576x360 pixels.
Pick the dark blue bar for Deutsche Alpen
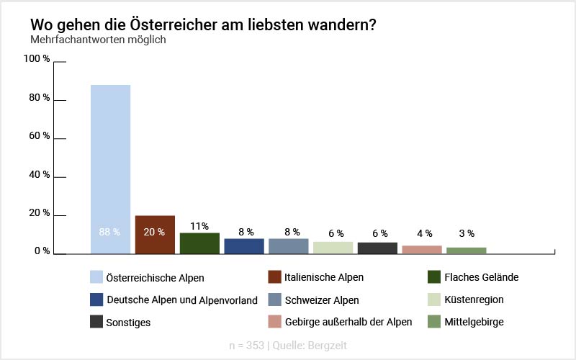click(244, 246)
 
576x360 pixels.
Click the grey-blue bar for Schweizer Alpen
click(289, 246)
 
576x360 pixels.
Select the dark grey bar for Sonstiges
click(377, 248)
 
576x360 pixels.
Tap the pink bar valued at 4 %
click(422, 250)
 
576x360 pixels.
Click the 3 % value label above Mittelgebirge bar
click(467, 233)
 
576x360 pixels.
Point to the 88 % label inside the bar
click(109, 232)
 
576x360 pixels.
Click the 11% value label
click(199, 226)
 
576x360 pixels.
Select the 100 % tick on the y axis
click(37, 59)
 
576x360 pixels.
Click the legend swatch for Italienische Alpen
click(274, 277)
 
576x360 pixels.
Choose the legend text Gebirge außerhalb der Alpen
click(348, 322)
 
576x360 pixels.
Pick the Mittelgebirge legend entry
click(474, 322)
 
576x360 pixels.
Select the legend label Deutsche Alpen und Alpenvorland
click(181, 300)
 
